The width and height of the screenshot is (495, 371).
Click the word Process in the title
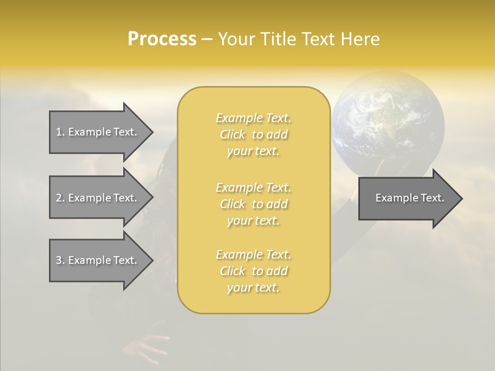[162, 39]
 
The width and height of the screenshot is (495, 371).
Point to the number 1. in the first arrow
[60, 132]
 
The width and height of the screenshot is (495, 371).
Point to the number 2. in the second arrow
[60, 198]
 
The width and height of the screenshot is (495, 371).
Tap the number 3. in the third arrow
[60, 260]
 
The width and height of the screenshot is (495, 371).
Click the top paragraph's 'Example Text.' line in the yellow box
[254, 118]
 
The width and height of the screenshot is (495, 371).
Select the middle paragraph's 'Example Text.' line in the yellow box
[254, 188]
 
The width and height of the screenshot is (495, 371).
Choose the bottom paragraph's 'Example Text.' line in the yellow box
[254, 255]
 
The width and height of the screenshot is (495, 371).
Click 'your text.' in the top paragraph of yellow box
[253, 151]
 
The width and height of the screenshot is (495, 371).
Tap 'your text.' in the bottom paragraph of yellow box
[253, 288]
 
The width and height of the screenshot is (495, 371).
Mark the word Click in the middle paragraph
[233, 204]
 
